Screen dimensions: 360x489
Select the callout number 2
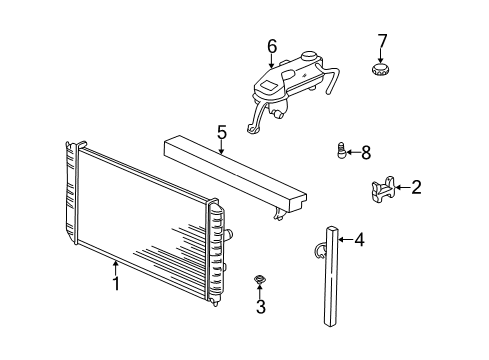click(x=416, y=185)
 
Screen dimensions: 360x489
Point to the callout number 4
click(x=359, y=239)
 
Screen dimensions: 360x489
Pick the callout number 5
click(x=223, y=130)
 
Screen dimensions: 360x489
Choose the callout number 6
click(x=271, y=46)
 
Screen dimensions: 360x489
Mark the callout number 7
click(x=381, y=41)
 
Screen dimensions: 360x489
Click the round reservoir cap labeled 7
click(x=380, y=71)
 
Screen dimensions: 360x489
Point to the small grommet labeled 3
click(x=260, y=279)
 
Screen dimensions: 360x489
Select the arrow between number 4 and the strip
click(x=345, y=239)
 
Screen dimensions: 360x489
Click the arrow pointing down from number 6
click(x=271, y=61)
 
